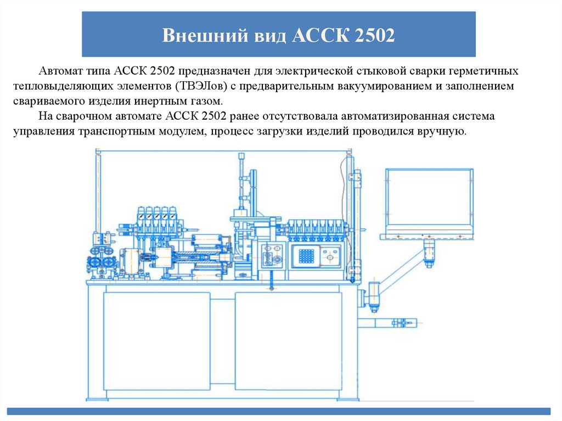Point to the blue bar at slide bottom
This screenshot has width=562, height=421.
[x=280, y=411]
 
